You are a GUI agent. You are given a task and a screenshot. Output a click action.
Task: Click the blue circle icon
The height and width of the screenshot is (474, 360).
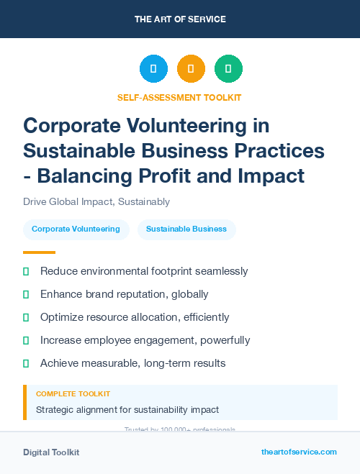[153, 69]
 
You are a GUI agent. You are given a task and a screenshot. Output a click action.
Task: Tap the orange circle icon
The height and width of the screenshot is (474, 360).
[191, 69]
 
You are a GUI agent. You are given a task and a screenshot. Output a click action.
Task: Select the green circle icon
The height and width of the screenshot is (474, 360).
[228, 69]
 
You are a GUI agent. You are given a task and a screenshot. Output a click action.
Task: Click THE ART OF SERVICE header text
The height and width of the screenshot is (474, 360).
[180, 19]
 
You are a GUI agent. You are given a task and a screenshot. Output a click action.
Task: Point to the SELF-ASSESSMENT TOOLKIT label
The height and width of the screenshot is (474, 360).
[179, 97]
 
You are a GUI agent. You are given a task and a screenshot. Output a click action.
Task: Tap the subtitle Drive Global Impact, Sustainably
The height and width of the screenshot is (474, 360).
[96, 202]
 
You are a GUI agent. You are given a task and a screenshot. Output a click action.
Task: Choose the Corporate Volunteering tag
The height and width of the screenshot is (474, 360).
[76, 229]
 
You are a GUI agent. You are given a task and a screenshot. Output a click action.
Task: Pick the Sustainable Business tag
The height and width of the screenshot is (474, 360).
[186, 229]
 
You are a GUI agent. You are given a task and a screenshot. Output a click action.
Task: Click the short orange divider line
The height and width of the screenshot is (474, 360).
[39, 252]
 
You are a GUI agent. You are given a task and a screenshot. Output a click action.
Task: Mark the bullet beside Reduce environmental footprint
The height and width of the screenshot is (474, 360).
[26, 271]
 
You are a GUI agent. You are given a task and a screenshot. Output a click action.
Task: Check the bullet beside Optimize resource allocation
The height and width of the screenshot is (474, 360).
[26, 317]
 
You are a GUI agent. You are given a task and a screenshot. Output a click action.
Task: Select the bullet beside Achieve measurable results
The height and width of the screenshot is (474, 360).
[26, 363]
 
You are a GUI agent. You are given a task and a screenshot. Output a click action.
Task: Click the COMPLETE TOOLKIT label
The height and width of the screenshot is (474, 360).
[73, 394]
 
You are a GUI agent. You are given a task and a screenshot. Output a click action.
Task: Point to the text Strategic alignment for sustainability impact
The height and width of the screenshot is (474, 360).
[127, 410]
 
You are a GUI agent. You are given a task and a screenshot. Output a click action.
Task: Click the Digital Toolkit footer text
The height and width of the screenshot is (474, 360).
[51, 452]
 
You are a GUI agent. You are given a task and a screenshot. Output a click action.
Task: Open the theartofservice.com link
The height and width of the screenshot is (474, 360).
[299, 452]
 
